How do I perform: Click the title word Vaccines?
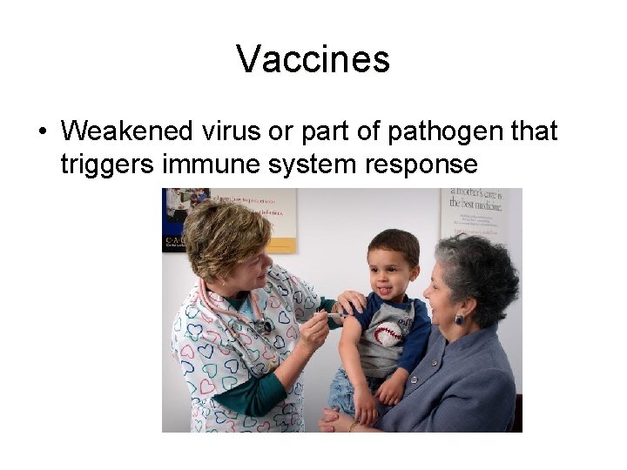(x=313, y=60)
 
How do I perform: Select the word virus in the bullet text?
(x=230, y=131)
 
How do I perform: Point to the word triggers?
(x=104, y=164)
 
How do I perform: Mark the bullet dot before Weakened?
(x=42, y=132)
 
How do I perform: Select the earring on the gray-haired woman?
(x=459, y=319)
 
